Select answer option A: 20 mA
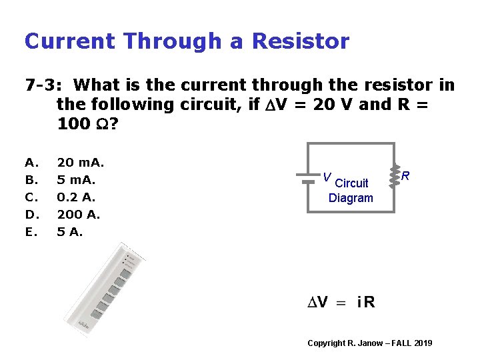[81, 162]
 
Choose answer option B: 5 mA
[77, 180]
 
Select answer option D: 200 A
[79, 215]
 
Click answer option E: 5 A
[70, 232]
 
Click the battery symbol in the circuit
[307, 177]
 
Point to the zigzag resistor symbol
[393, 175]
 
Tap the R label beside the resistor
[405, 176]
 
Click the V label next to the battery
[326, 177]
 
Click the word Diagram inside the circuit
[351, 198]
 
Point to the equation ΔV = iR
[341, 302]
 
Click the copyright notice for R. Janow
[369, 343]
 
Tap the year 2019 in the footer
[423, 343]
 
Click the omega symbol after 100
[102, 124]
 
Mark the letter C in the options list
[29, 197]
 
